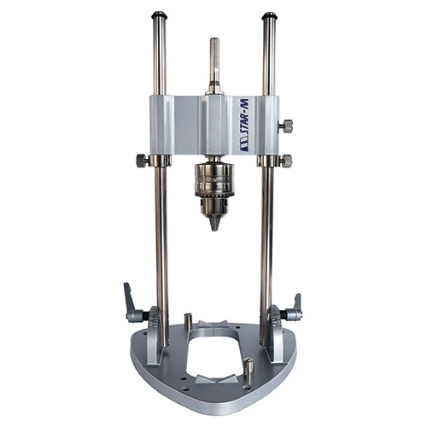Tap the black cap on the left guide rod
pyautogui.click(x=159, y=15)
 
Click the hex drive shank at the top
pyautogui.click(x=214, y=66)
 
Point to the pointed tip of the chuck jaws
pyautogui.click(x=214, y=228)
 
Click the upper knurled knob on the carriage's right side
pyautogui.click(x=285, y=126)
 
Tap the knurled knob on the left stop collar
pyautogui.click(x=143, y=161)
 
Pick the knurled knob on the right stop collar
pyautogui.click(x=286, y=161)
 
